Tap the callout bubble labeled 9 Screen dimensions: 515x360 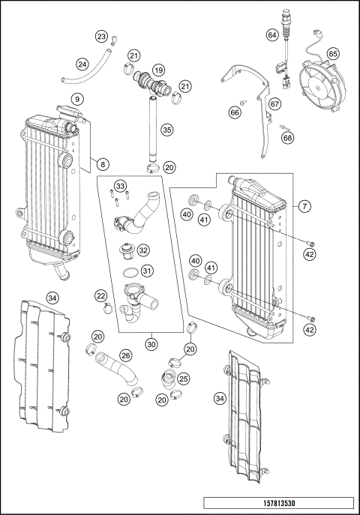point(77,99)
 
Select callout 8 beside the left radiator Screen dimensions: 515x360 point(103,163)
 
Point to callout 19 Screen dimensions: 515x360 point(158,70)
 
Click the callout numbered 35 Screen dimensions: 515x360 point(166,130)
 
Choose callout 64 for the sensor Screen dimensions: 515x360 point(272,35)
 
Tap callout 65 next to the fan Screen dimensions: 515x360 point(333,54)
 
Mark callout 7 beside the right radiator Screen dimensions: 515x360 point(304,205)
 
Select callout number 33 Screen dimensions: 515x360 point(120,185)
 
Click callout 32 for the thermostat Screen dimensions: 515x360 point(143,250)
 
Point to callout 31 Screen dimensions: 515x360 point(148,271)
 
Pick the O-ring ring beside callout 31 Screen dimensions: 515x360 point(129,271)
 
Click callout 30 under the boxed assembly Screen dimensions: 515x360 point(152,344)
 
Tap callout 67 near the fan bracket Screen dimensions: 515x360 point(275,103)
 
